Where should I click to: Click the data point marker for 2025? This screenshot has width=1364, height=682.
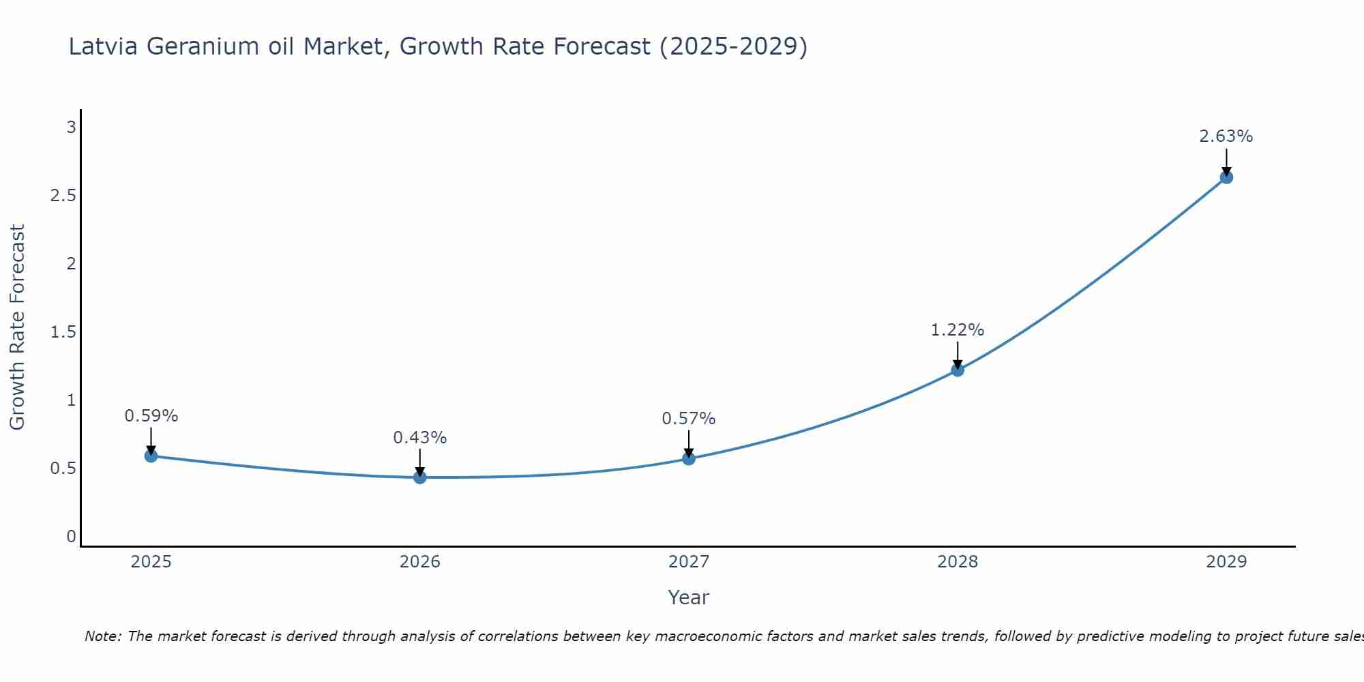[x=151, y=456]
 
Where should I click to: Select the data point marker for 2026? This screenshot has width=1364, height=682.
[x=420, y=477]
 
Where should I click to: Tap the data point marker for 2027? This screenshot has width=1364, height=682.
[x=689, y=458]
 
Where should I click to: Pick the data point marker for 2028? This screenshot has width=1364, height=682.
[x=958, y=370]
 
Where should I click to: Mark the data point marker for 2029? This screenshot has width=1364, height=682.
[x=1226, y=177]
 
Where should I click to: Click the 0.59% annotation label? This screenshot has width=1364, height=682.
[x=151, y=416]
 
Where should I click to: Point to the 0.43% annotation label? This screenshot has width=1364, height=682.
[x=420, y=438]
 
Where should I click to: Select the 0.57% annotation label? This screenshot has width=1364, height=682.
[x=689, y=419]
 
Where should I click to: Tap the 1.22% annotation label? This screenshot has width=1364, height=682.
[x=958, y=330]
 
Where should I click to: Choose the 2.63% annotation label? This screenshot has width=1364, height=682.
[x=1226, y=136]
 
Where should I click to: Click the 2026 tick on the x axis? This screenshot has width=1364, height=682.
[x=420, y=562]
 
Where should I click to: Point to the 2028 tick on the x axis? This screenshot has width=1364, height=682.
[x=958, y=562]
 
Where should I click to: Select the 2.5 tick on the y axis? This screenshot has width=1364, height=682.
[x=63, y=196]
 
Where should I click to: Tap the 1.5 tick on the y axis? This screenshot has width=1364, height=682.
[x=63, y=332]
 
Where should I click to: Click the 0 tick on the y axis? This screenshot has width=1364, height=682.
[x=71, y=537]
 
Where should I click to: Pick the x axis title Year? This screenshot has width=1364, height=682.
[x=689, y=597]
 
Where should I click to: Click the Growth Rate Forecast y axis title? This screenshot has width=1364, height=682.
[x=18, y=327]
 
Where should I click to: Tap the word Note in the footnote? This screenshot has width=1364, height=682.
[x=102, y=636]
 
